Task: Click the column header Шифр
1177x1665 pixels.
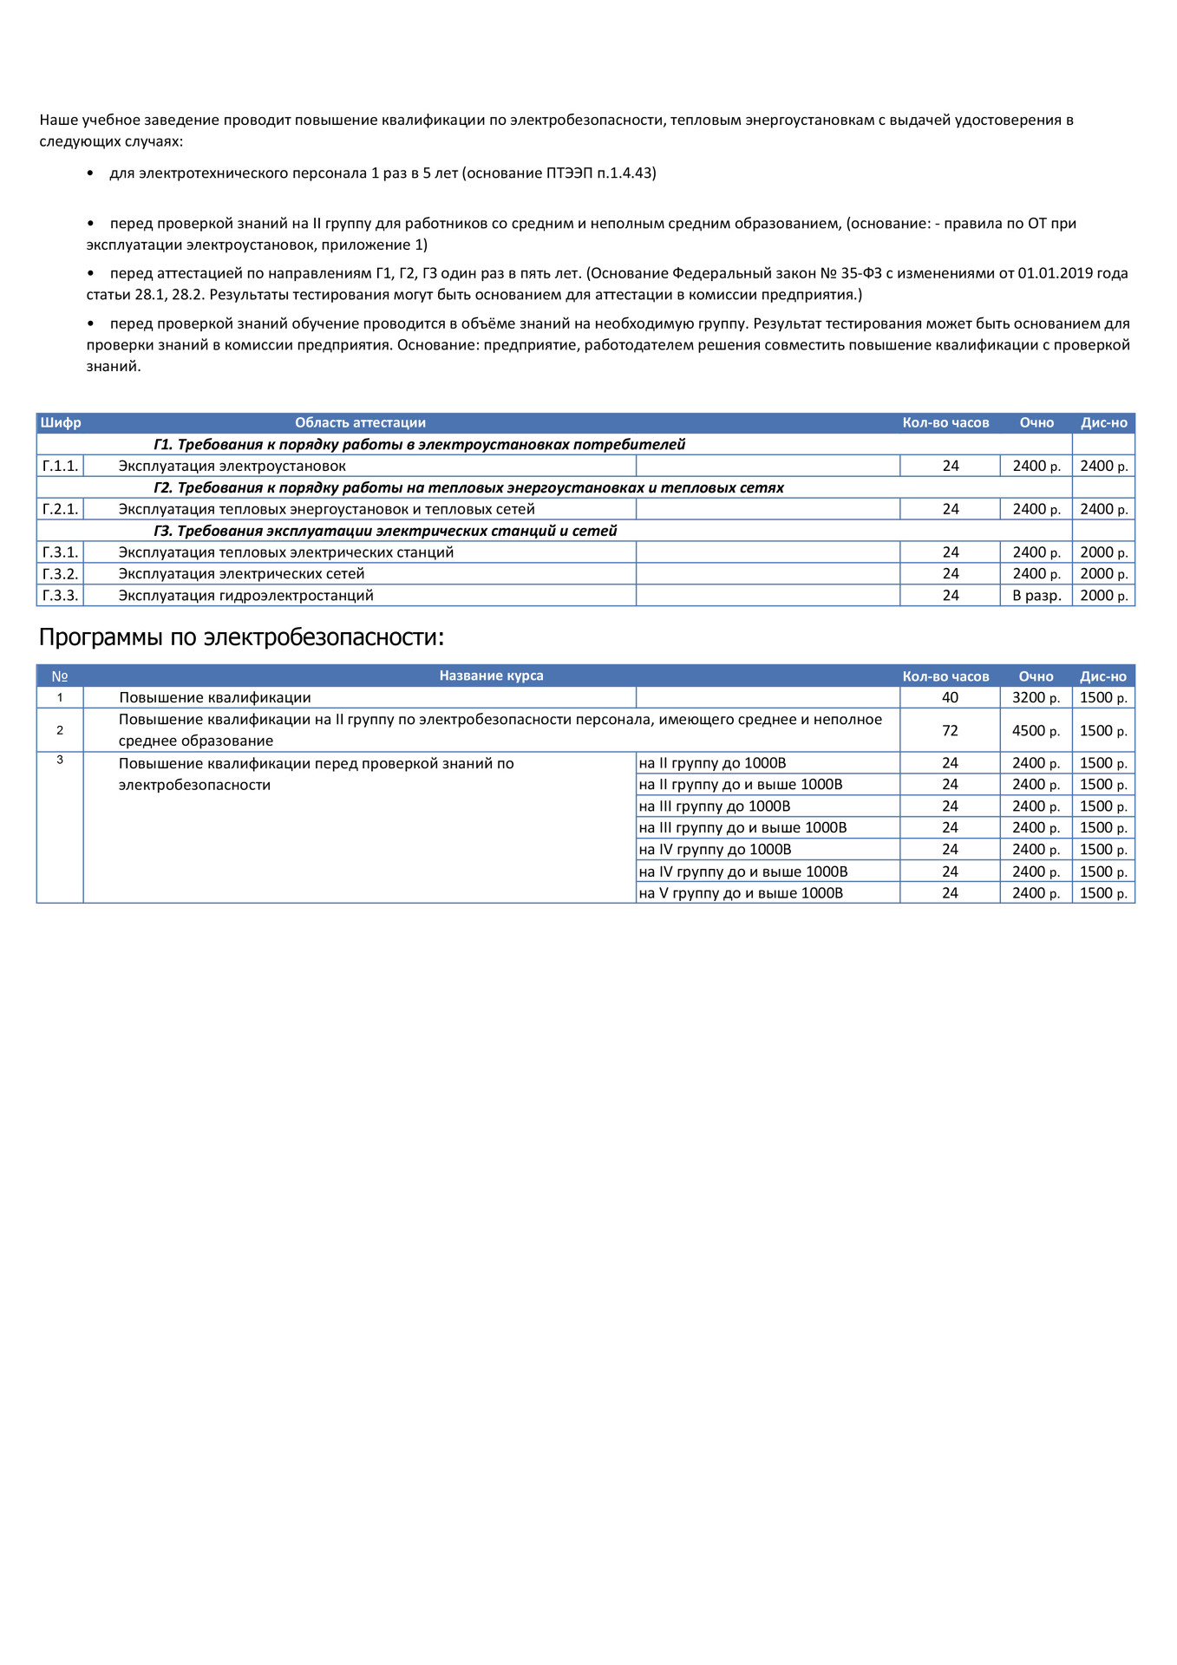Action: click(61, 423)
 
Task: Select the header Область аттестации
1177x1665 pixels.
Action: click(360, 423)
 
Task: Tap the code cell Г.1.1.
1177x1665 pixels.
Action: click(60, 467)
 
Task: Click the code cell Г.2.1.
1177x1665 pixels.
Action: click(60, 510)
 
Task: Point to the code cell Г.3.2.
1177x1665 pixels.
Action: click(60, 574)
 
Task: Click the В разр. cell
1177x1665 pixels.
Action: click(1036, 596)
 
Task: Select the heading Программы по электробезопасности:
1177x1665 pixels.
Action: click(241, 637)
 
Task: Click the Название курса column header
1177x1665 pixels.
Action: click(491, 676)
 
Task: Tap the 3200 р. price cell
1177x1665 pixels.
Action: click(1036, 698)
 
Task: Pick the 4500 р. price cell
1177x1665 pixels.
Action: click(1036, 731)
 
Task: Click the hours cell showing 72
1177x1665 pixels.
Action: click(950, 731)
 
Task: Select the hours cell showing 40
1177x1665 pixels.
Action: click(950, 698)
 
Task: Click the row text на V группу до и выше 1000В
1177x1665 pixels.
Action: click(741, 893)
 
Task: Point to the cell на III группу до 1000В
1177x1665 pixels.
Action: click(715, 806)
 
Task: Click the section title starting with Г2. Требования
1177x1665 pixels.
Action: click(468, 488)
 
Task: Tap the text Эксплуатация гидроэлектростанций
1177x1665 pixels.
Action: click(245, 596)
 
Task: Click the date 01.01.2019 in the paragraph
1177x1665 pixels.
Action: click(1055, 274)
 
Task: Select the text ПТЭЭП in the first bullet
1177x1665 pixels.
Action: click(569, 173)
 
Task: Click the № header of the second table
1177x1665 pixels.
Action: click(60, 676)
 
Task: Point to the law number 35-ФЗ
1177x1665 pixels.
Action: click(861, 274)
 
